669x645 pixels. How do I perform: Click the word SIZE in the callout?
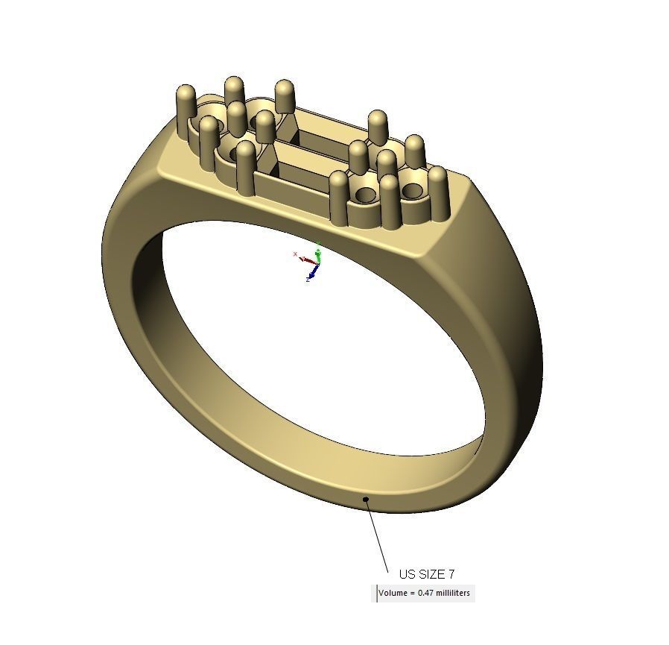(432, 574)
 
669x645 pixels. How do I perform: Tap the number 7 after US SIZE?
(451, 574)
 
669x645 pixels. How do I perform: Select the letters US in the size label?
(408, 574)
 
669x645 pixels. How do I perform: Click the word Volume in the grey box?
(393, 594)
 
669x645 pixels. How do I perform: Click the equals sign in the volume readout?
(411, 594)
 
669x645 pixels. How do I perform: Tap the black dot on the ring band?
(366, 499)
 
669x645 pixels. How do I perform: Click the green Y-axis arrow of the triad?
(318, 251)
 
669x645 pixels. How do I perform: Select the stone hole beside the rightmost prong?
(412, 191)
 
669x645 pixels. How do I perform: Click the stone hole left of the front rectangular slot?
(244, 153)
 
